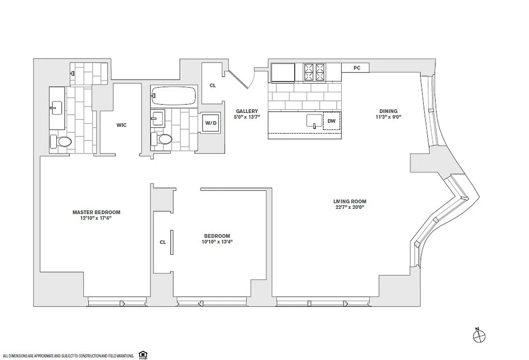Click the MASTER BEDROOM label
click(96, 212)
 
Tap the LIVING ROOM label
click(349, 202)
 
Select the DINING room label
click(388, 111)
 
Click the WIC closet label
click(121, 125)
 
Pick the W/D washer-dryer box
click(210, 122)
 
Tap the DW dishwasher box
click(331, 121)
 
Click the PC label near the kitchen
click(357, 68)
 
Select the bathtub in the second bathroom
click(174, 96)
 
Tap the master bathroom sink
click(56, 108)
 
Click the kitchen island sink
click(313, 121)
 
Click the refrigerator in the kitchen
click(283, 72)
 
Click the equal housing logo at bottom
click(143, 355)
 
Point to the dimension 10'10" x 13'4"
click(217, 242)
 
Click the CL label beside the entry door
click(213, 85)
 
